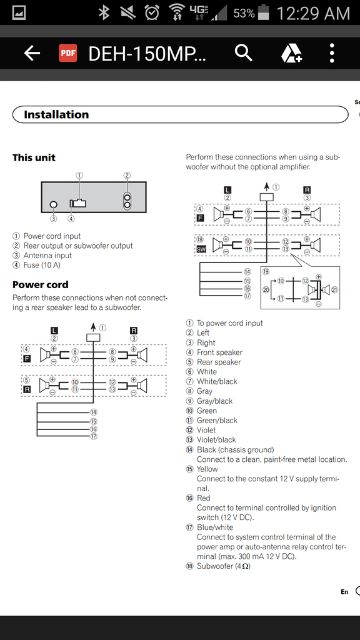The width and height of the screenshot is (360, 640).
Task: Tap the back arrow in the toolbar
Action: [32, 53]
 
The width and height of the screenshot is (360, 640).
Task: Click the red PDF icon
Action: [67, 53]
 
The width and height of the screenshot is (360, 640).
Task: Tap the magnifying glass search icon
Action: [243, 53]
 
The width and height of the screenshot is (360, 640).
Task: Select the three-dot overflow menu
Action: [332, 53]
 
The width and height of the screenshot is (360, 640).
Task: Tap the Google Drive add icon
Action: [291, 53]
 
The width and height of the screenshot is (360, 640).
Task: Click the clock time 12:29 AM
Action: [312, 13]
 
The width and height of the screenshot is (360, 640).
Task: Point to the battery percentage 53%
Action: [244, 13]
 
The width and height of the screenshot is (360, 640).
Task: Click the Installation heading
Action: [56, 114]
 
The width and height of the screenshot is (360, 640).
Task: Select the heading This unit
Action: [34, 157]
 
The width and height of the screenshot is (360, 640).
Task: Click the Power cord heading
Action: [41, 284]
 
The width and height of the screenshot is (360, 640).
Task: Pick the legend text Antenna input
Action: [47, 256]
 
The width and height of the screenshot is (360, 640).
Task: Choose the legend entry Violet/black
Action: [216, 439]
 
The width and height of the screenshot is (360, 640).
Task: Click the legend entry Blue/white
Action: [215, 527]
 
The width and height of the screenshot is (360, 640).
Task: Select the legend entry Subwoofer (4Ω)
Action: [223, 566]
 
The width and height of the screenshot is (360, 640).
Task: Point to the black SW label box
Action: [201, 249]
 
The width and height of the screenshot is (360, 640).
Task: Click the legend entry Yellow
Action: [207, 469]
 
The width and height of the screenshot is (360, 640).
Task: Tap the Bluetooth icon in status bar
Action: [105, 13]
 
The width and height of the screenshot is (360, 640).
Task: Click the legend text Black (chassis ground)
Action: [235, 449]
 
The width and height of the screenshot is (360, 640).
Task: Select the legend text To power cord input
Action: [229, 323]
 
